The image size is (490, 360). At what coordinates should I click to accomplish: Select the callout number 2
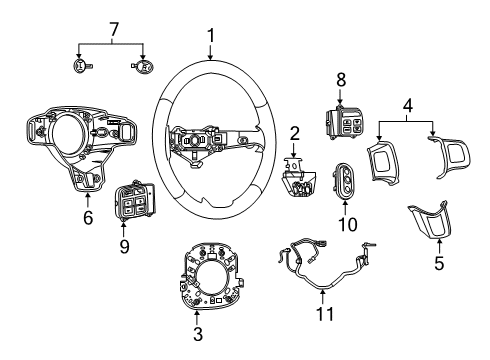click(295, 133)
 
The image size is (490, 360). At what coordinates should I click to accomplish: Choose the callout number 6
click(89, 216)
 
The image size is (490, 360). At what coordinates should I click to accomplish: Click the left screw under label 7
click(82, 66)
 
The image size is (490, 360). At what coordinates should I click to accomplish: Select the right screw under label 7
click(142, 66)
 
